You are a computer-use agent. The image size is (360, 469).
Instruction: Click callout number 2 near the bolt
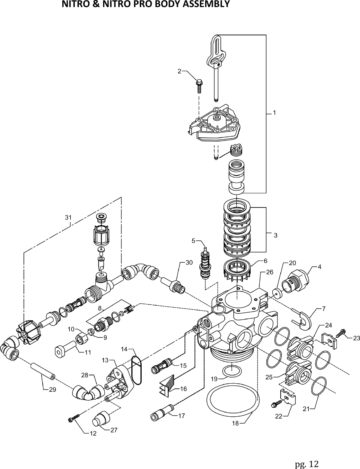(x=180, y=71)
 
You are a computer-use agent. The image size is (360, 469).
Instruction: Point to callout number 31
(x=68, y=217)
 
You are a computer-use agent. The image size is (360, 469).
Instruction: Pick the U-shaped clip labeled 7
(x=302, y=319)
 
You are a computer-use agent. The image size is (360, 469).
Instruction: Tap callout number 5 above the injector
(x=194, y=240)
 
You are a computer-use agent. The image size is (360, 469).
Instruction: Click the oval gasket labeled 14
(x=136, y=371)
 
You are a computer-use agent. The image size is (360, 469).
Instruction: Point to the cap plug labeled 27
(x=101, y=419)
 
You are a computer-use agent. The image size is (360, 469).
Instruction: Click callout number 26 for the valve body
(x=269, y=272)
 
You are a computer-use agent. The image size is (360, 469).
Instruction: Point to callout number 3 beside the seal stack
(x=276, y=235)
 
